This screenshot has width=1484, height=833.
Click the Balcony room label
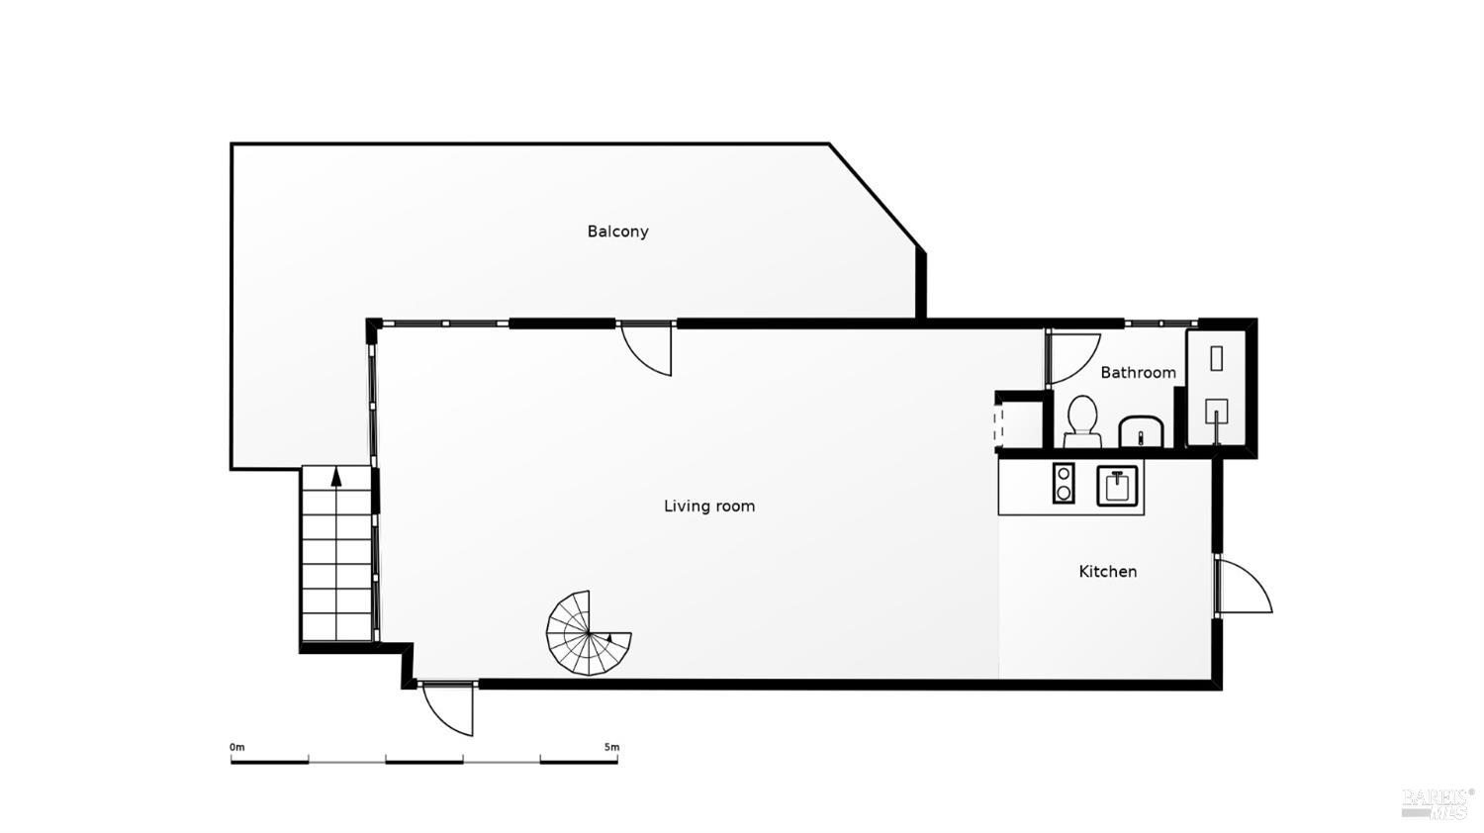point(617,231)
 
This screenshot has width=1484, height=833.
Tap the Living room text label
point(708,507)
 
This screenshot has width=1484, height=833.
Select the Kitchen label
point(1107,572)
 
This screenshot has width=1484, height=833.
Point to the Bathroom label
point(1138,373)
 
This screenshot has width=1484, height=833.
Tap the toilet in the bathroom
point(1082,420)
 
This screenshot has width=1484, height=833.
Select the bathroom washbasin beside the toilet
point(1143,431)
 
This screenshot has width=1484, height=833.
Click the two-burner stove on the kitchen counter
point(1064,484)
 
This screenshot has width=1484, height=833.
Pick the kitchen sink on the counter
point(1118,486)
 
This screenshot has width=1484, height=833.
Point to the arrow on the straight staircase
point(336,476)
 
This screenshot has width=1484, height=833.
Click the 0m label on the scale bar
point(236,747)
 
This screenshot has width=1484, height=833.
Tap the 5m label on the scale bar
point(611,747)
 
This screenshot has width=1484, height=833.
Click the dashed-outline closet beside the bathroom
point(1019,423)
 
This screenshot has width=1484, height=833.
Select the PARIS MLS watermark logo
point(1437,802)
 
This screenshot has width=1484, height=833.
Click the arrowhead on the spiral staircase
point(611,641)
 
